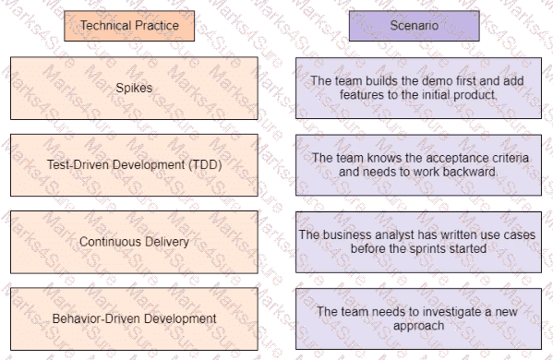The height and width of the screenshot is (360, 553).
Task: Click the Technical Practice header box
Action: point(128,26)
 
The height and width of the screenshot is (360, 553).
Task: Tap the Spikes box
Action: point(135,88)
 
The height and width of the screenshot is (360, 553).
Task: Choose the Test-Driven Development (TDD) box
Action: point(135,165)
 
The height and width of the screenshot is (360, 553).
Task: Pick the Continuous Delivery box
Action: point(135,242)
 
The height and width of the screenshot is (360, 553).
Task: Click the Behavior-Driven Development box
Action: point(135,318)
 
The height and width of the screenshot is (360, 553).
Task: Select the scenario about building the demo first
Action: point(418,88)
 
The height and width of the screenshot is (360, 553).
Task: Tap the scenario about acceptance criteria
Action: point(418,165)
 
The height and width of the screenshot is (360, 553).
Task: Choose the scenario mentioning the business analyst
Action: point(418,242)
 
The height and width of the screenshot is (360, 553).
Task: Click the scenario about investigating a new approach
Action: point(418,318)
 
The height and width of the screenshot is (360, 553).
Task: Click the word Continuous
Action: point(109,242)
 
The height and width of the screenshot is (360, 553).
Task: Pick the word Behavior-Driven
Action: point(92,318)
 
